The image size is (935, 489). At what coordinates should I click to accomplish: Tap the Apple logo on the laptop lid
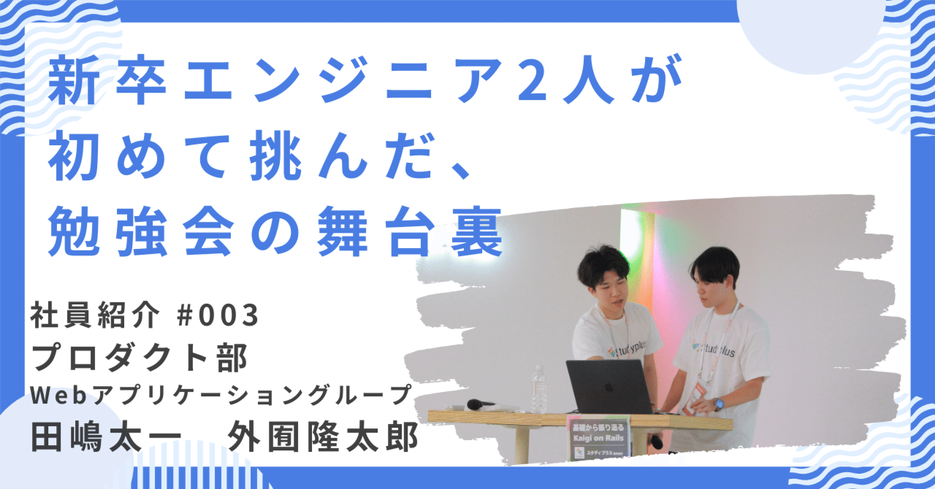pyautogui.click(x=608, y=387)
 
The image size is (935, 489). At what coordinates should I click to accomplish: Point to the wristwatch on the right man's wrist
pyautogui.click(x=718, y=404)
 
